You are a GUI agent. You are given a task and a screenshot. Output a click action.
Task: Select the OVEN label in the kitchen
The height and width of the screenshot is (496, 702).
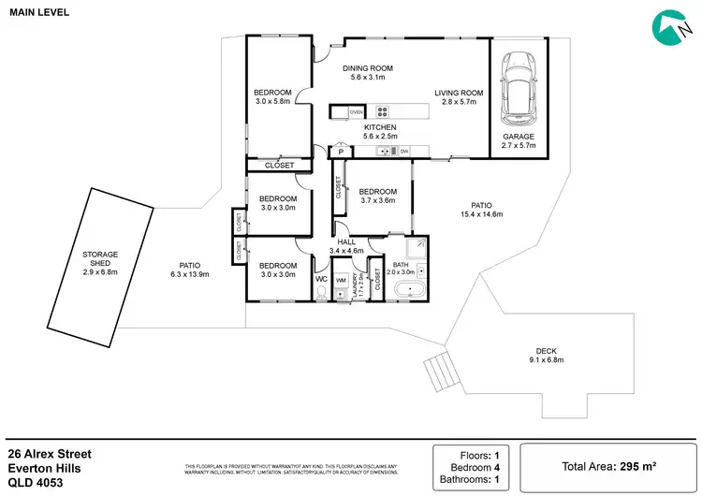356,111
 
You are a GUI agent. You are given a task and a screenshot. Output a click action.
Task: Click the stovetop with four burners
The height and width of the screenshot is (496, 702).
382,111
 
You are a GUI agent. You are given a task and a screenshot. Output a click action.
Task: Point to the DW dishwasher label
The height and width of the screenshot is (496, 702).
404,151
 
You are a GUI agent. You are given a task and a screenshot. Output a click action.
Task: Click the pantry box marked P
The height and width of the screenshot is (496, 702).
342,152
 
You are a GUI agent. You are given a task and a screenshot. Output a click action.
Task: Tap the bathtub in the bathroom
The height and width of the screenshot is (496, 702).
410,291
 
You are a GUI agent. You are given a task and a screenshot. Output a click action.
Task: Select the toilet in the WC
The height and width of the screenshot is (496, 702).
321,294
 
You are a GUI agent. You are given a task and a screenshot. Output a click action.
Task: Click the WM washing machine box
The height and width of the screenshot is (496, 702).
341,279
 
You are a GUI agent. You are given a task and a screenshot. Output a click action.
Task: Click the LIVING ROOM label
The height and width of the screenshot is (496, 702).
459,93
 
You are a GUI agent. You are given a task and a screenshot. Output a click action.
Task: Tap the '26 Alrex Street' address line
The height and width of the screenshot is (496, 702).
50,453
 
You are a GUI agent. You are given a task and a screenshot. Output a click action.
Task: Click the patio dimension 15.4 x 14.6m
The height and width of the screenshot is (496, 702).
481,214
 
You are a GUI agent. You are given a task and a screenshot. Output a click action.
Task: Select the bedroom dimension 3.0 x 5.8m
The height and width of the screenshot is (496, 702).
272,102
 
